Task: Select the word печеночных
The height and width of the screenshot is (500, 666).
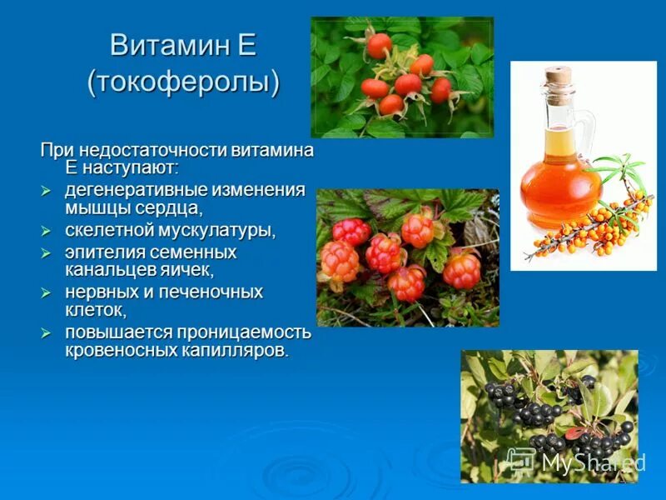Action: [x=208, y=292]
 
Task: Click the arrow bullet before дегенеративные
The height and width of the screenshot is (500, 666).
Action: [x=47, y=191]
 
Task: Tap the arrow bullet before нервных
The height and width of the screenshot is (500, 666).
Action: [x=47, y=293]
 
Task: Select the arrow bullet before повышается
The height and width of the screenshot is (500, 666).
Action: [x=47, y=333]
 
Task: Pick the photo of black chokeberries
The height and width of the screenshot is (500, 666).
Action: [x=549, y=416]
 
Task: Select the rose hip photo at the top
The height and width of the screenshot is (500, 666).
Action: [x=402, y=77]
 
